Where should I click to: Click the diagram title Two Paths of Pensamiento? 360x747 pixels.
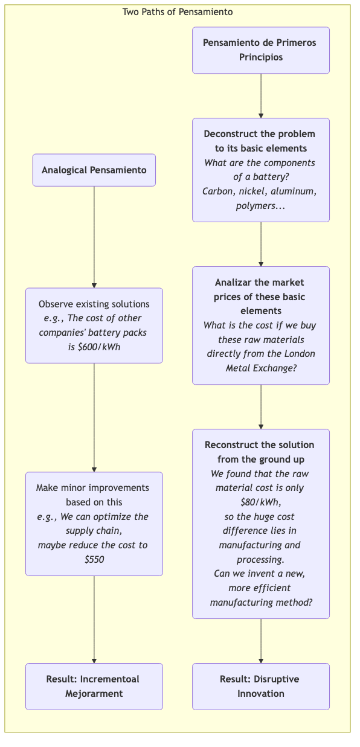point(178,11)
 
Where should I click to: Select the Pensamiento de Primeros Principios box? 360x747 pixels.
point(261,50)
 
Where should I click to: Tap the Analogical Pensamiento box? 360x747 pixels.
point(94,170)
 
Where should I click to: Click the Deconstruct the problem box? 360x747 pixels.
point(261,170)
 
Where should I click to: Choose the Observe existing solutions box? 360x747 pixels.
point(94,325)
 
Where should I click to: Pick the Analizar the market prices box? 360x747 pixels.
point(261,325)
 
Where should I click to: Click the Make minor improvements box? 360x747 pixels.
point(94,524)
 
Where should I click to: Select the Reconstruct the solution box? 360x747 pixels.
point(261,524)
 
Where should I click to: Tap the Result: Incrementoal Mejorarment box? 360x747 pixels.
point(94,686)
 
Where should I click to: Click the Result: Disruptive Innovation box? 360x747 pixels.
point(261,686)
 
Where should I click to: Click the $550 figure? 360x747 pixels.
point(94,560)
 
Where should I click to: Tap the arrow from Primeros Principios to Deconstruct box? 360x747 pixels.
point(261,95)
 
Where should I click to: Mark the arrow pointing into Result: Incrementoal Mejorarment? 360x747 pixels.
point(94,620)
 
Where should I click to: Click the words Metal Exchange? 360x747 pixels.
point(260,368)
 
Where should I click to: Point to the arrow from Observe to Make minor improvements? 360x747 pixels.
point(94,417)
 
